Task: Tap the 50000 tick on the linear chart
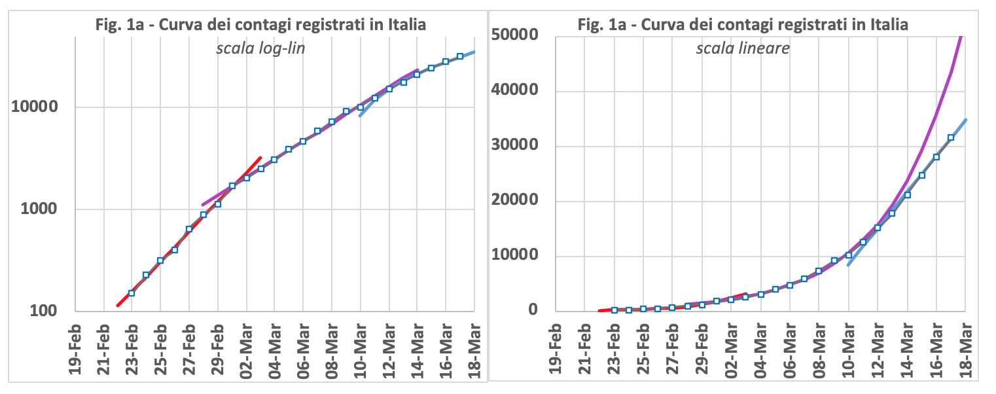click(516, 35)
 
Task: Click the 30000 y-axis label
click(516, 145)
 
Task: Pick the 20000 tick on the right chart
click(516, 201)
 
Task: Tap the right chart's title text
click(742, 25)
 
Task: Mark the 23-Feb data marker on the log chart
click(131, 293)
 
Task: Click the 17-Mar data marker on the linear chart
click(951, 137)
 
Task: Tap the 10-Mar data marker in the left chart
click(361, 107)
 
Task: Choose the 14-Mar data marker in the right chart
click(908, 194)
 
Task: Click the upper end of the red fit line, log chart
click(260, 158)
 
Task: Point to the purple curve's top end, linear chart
click(961, 37)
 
